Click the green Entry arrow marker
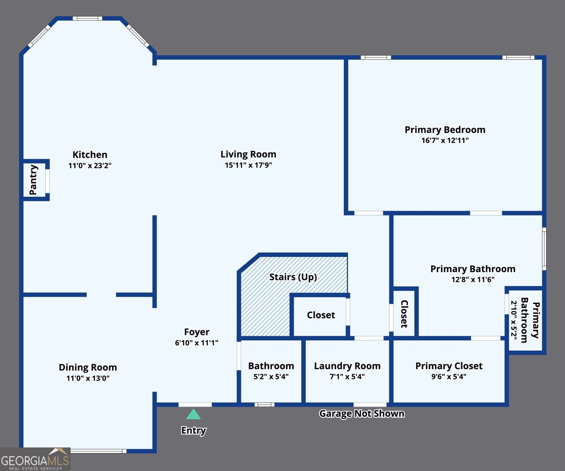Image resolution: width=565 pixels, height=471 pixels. tap(193, 414)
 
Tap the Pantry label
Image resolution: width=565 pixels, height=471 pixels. tap(33, 180)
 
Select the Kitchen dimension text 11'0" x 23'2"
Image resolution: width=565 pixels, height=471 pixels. tap(90, 166)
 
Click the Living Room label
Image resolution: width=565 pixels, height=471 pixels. tap(248, 154)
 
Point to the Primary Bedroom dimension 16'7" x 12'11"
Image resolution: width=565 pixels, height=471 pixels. tap(445, 141)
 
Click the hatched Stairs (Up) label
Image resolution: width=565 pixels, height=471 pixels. tap(293, 277)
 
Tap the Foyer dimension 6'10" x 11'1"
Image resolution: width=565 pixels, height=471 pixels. tap(196, 343)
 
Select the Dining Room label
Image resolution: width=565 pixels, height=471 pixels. tap(88, 367)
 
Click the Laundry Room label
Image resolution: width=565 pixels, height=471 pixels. tap(347, 366)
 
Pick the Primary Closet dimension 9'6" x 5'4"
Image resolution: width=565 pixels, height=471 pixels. tap(449, 377)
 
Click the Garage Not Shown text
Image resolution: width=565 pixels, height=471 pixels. tap(362, 414)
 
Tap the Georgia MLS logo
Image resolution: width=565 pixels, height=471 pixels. tap(35, 459)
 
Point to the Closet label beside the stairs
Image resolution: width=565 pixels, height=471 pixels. tap(321, 315)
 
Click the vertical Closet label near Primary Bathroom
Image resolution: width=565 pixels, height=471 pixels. tap(404, 314)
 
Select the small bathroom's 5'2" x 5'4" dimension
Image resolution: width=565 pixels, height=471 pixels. tap(271, 377)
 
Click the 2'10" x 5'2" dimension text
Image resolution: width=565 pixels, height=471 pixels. tap(514, 320)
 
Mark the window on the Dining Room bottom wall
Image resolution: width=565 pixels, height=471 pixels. tap(98, 451)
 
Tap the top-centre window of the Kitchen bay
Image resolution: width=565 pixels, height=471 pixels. tap(87, 18)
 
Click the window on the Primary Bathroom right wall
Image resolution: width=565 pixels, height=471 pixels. tap(544, 249)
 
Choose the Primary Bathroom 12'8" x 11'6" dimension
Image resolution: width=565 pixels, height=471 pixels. tap(473, 280)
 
